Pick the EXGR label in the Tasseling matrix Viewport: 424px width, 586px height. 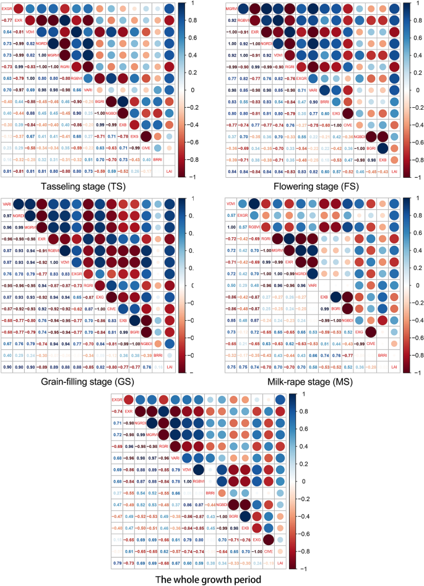(x=7, y=9)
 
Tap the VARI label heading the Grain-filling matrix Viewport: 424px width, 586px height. (x=7, y=204)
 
